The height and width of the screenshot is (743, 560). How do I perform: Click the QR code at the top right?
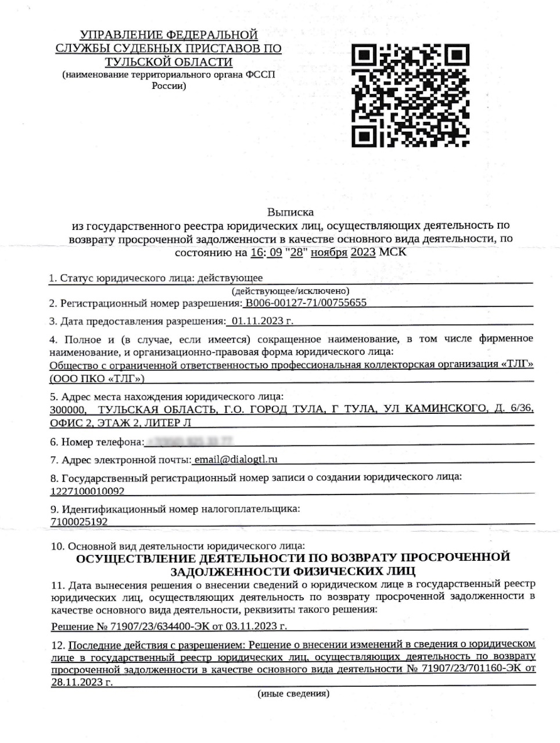click(411, 95)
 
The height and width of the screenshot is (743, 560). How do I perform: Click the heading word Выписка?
click(290, 212)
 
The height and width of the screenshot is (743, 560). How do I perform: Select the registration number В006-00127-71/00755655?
click(306, 303)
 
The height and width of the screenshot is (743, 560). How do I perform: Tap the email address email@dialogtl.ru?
click(236, 459)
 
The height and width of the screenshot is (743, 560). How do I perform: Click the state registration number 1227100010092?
click(87, 490)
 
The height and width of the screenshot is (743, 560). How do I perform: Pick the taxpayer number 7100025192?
click(79, 521)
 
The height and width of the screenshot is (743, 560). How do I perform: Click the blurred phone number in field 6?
click(189, 442)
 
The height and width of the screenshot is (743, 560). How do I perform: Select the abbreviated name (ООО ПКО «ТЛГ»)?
click(97, 378)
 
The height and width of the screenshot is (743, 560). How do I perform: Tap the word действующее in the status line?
click(230, 278)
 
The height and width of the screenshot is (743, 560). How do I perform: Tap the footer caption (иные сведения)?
click(293, 693)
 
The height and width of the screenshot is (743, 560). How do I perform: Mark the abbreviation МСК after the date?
click(392, 253)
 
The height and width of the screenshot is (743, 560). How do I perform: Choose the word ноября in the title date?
click(329, 253)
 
